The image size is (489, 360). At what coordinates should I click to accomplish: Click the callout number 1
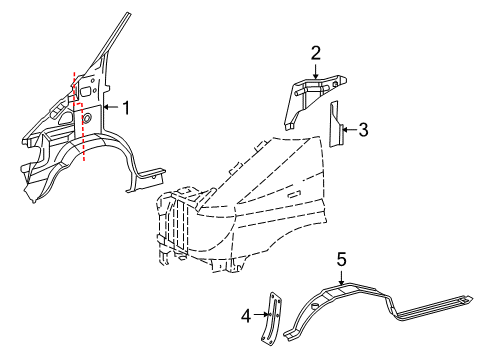coord(127,106)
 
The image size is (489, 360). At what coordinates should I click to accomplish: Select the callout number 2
coord(315,52)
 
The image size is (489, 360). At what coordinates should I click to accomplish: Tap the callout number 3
coord(365,128)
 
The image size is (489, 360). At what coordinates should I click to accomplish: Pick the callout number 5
coord(341,259)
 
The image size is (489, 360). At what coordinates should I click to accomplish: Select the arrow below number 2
coord(315,69)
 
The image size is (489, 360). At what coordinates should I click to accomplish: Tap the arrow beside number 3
coord(349,128)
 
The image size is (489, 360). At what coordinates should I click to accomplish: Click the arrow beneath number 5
coord(341,277)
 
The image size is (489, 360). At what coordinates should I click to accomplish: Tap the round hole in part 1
coord(86,119)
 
